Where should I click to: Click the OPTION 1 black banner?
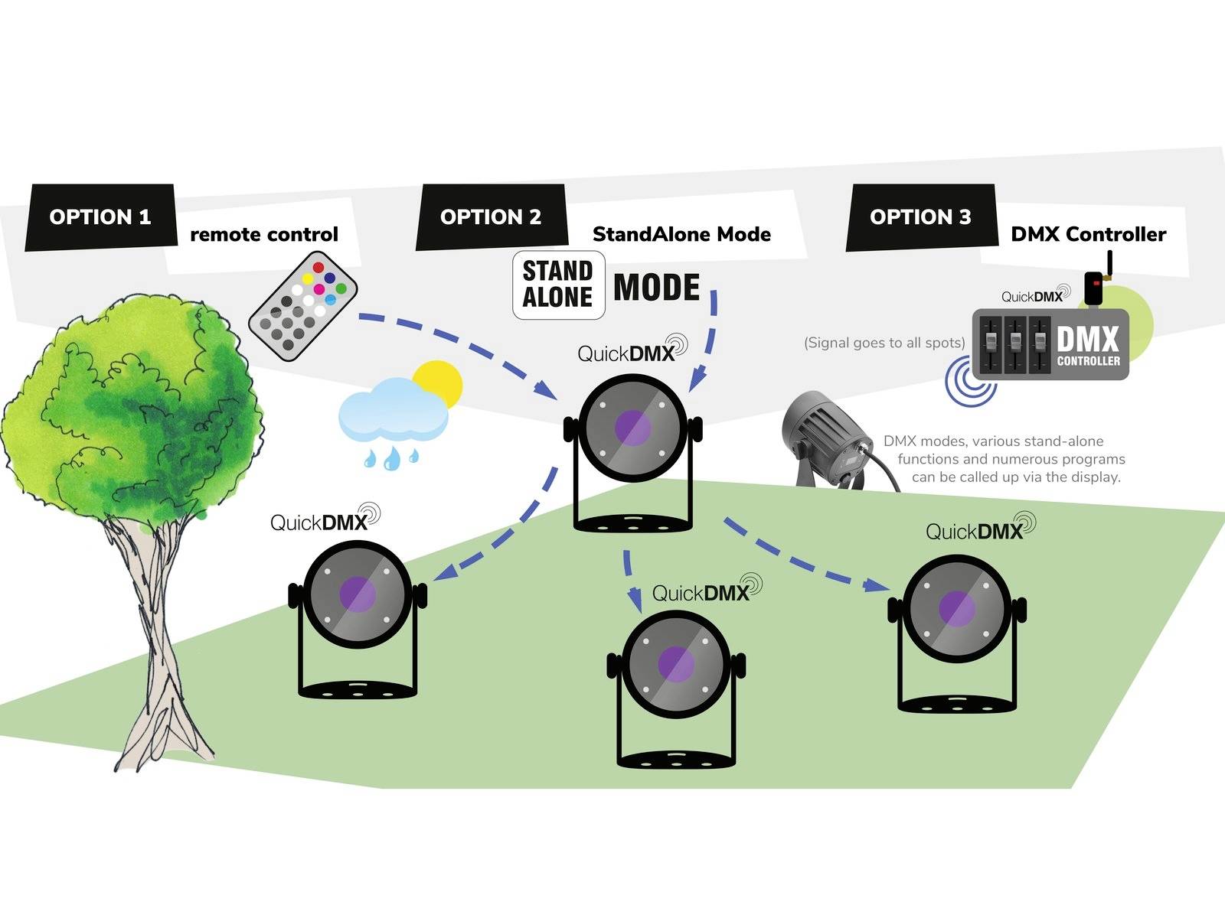click(100, 217)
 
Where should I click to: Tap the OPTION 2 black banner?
click(491, 217)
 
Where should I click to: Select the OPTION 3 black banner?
click(920, 217)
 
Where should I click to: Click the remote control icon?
click(303, 306)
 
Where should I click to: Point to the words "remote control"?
click(264, 234)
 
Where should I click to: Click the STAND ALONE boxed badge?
click(558, 285)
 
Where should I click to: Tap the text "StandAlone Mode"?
click(681, 234)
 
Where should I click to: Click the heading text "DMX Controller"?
click(1088, 234)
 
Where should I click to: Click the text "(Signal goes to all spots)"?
click(884, 343)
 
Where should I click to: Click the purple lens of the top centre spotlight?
click(633, 427)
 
